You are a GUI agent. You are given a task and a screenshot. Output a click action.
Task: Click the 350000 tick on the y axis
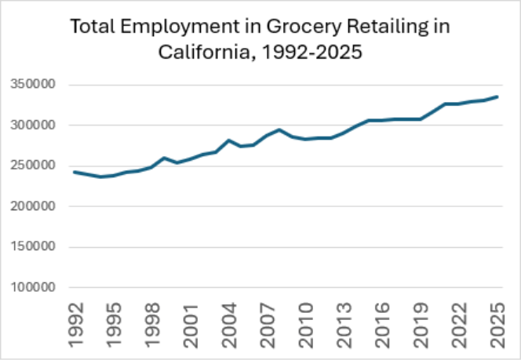tap(33, 84)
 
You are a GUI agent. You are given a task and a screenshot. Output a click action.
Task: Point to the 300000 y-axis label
tap(33, 125)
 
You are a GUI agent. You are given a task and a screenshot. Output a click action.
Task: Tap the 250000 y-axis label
tap(33, 165)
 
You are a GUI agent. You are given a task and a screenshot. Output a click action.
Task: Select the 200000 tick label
tap(33, 206)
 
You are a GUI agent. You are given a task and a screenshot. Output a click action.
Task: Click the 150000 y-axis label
tap(33, 247)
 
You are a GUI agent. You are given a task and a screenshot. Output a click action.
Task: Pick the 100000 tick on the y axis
tap(33, 287)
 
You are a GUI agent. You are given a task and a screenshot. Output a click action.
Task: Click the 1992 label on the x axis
tap(76, 325)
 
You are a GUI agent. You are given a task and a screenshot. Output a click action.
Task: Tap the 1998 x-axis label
tap(152, 325)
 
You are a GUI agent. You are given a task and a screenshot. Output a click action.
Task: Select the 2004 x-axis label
tap(229, 325)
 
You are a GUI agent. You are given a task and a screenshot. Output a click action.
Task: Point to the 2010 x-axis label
tap(306, 325)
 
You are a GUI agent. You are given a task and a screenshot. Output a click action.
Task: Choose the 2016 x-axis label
tap(382, 325)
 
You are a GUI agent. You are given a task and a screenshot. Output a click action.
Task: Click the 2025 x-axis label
tap(497, 325)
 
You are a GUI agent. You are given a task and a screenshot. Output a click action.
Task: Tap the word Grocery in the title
tap(304, 27)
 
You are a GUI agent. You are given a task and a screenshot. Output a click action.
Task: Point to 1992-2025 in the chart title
tap(312, 52)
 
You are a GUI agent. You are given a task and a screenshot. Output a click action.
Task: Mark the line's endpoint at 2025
tap(497, 96)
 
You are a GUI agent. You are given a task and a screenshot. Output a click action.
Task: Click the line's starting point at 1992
tap(75, 172)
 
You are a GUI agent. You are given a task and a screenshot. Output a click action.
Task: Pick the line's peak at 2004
tap(228, 140)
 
